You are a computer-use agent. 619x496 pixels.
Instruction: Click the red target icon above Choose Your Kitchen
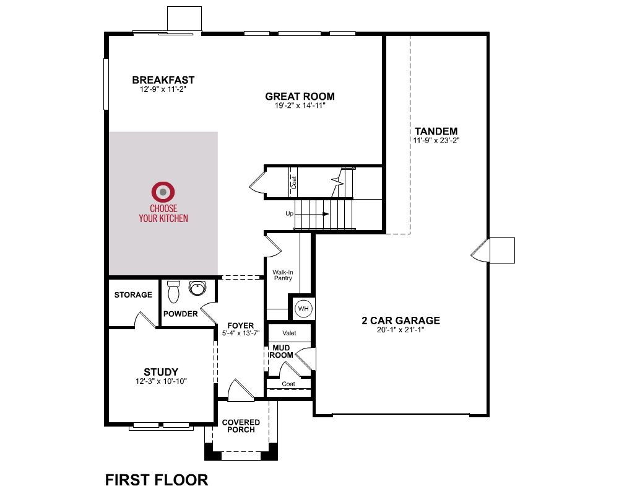pos(163,192)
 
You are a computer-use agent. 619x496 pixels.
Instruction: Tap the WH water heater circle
pos(303,309)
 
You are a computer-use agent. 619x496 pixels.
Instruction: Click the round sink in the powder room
pos(197,288)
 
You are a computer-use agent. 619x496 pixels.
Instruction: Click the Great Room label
pos(300,96)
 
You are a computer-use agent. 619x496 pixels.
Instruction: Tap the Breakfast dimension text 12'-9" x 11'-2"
pos(163,89)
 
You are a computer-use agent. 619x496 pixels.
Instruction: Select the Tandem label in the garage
pos(436,131)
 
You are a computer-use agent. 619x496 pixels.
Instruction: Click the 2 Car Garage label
pos(400,320)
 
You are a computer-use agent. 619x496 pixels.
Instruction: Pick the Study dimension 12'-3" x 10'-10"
pos(161,381)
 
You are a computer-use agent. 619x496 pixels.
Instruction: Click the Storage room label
pos(133,294)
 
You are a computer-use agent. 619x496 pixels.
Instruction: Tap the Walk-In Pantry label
pos(283,275)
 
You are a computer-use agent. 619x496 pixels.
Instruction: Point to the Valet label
pos(289,333)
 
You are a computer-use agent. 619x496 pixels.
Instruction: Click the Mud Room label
pos(281,352)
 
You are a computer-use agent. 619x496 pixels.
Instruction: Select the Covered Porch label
pos(241,426)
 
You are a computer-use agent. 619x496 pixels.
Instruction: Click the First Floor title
pos(157,480)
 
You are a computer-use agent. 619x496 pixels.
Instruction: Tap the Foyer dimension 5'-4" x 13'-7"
pos(241,333)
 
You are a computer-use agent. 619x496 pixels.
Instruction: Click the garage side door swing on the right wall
pos(480,250)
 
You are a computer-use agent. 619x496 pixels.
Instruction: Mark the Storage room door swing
pos(145,319)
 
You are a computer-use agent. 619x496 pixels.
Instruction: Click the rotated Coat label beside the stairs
pos(293,182)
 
